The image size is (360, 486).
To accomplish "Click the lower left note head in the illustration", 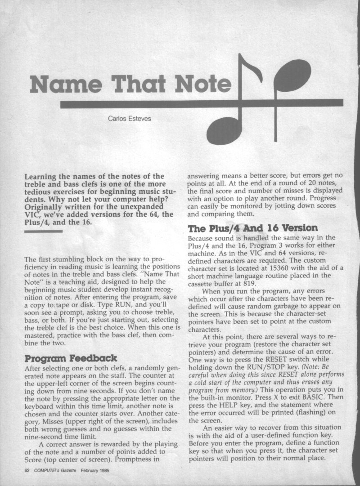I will pyautogui.click(x=224, y=130).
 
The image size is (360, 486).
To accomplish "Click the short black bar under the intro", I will pyautogui.click(x=37, y=232).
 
